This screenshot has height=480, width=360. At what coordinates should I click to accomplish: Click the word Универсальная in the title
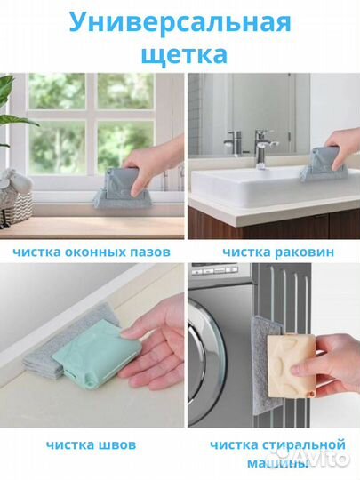coord(180,24)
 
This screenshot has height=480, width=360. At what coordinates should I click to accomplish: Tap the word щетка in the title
coord(184,54)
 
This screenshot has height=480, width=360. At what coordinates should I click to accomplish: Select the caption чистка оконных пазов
coord(92,252)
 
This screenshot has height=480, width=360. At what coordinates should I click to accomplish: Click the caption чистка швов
coord(91,444)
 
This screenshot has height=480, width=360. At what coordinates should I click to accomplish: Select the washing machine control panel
coord(214,270)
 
